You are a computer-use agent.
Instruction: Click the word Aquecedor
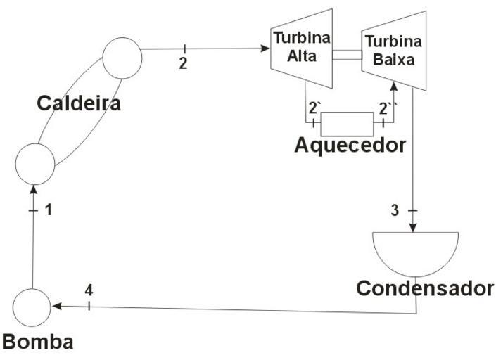click(x=350, y=146)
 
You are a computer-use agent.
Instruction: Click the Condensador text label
click(x=424, y=288)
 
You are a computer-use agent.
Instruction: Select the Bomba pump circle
click(x=32, y=307)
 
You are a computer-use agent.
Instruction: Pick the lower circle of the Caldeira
click(x=35, y=162)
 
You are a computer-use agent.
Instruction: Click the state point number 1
click(x=48, y=209)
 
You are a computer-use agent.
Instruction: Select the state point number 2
click(x=184, y=63)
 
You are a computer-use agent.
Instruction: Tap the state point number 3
click(x=395, y=210)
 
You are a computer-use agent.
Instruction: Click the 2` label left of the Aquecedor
click(x=315, y=108)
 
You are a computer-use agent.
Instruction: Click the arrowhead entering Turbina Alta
click(x=266, y=49)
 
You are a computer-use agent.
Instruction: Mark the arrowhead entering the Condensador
click(x=414, y=228)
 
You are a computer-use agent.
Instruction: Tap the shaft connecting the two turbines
click(x=348, y=55)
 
